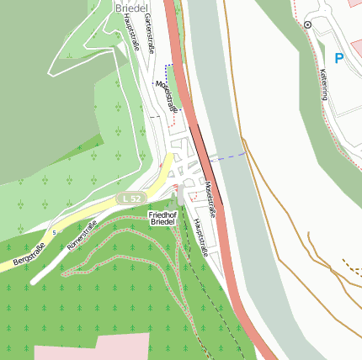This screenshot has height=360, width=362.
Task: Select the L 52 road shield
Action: coord(129,198)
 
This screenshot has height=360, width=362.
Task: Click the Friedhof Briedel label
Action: coord(162,219)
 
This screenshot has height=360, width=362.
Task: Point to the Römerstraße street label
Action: coord(82,235)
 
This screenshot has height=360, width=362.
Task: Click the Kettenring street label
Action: coord(323,84)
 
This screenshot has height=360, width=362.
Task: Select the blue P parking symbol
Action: coord(339,59)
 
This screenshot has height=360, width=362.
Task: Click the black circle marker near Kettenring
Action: coord(308,25)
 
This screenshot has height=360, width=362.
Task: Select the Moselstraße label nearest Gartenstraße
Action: coord(168,95)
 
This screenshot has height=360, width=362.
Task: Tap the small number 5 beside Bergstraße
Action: coord(55,231)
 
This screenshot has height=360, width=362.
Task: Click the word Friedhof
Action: coord(162,214)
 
